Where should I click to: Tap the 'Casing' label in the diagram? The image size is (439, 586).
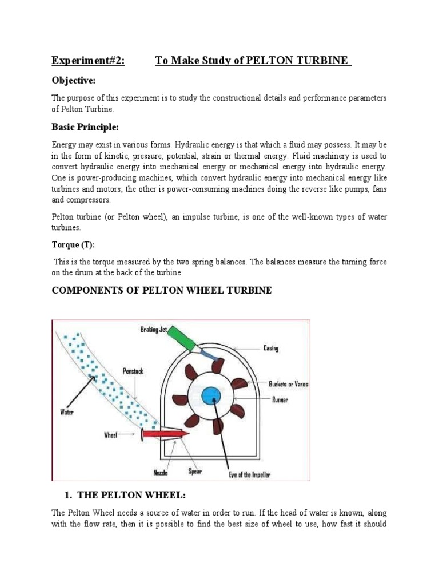270,347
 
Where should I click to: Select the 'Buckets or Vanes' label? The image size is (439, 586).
288,384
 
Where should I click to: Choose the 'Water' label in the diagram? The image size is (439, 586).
67,410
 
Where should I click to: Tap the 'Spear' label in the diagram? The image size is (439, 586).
195,472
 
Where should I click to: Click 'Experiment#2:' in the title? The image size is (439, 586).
88,61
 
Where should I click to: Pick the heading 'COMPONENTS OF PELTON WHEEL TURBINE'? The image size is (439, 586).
162,291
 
